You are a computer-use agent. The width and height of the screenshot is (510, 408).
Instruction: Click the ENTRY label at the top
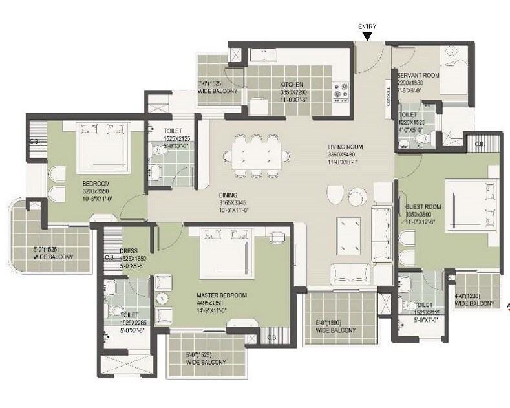pyautogui.click(x=367, y=26)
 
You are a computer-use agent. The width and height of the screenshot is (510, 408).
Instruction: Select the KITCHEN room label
pyautogui.click(x=292, y=85)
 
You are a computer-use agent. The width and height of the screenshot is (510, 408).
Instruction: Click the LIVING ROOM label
pyautogui.click(x=345, y=147)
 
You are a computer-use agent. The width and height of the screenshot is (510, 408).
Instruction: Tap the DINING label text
pyautogui.click(x=228, y=195)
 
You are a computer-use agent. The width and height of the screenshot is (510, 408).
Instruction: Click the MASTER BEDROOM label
pyautogui.click(x=222, y=295)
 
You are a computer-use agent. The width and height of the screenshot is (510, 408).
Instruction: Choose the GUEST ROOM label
pyautogui.click(x=423, y=207)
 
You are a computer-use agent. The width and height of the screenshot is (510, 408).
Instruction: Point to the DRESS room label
pyautogui.click(x=127, y=252)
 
